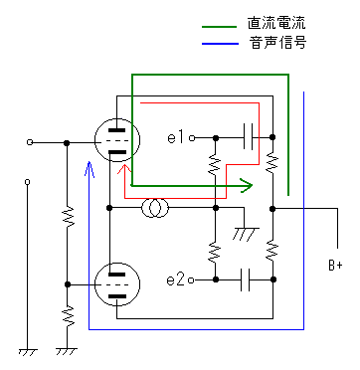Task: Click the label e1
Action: pyautogui.click(x=176, y=137)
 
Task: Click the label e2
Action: pyautogui.click(x=175, y=280)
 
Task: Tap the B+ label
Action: pyautogui.click(x=335, y=266)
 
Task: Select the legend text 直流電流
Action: pyautogui.click(x=276, y=23)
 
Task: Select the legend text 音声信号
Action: pyautogui.click(x=277, y=43)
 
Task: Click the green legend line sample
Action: pyautogui.click(x=220, y=27)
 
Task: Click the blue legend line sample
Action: pyautogui.click(x=220, y=44)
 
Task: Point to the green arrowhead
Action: pyautogui.click(x=247, y=185)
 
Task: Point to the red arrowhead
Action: pyautogui.click(x=125, y=169)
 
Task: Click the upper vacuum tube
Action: pyautogui.click(x=117, y=140)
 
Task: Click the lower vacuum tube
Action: pyautogui.click(x=117, y=283)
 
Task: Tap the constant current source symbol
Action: pyautogui.click(x=155, y=208)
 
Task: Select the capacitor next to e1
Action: pyautogui.click(x=248, y=137)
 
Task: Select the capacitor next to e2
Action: pyautogui.click(x=246, y=280)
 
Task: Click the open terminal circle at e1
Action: pyautogui.click(x=192, y=138)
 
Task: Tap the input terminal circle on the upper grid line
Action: pyautogui.click(x=30, y=142)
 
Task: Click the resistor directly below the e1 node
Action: pyautogui.click(x=216, y=163)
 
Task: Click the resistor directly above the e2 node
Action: pyautogui.click(x=216, y=253)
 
